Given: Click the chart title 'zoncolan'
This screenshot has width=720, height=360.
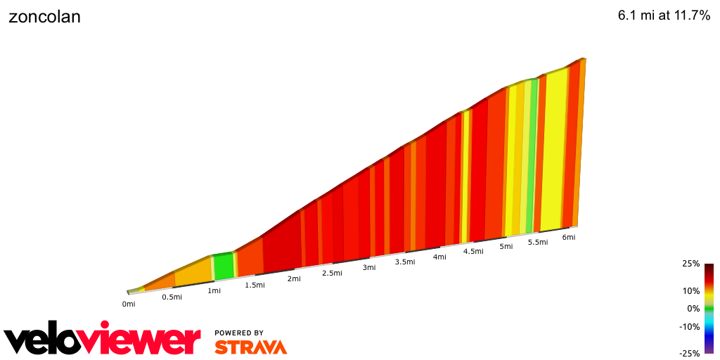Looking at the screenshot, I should coord(44,17).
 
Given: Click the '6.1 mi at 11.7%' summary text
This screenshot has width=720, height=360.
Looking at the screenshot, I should coord(664,16).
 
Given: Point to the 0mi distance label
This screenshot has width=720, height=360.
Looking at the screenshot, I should coord(128,304).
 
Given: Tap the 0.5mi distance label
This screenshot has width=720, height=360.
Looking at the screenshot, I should coord(172,297).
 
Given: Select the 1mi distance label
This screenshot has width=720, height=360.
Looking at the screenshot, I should coord(214,290).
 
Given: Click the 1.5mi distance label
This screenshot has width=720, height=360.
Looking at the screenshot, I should coord(255,285).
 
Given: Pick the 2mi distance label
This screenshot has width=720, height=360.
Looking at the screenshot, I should coord(294,279).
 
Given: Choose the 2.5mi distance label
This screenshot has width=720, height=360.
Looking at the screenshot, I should coord(332,273).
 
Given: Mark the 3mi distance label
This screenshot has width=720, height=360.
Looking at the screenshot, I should coord(368,267).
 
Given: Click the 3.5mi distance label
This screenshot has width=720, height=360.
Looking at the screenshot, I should coord(405,262).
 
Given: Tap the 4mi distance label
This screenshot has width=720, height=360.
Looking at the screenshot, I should coord(439,257).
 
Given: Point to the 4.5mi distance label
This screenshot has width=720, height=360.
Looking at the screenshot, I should coord(473,251).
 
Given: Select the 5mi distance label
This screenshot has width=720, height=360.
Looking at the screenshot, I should coord(506,246).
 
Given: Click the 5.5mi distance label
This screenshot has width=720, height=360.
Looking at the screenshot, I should coord(538,242).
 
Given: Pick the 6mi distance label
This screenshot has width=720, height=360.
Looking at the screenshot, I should coord(569,237).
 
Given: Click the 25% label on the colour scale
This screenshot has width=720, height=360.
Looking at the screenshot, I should coord(690,264).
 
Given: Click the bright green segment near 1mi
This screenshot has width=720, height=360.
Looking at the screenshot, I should coord(224,266).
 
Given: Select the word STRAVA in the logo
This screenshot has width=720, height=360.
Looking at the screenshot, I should coord(250,347).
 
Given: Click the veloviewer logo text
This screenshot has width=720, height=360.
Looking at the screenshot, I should coord(102,340).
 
